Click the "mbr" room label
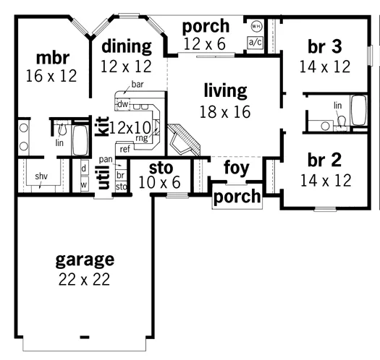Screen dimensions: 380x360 coord(53,58)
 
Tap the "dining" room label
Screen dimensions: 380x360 coord(127,46)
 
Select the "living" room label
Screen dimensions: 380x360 coord(225,91)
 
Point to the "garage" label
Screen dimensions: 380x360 coord(85,260)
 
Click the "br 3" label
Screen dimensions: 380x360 coord(325,46)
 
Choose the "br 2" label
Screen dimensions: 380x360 coord(324,160)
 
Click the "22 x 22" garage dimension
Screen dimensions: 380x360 coord(84,279)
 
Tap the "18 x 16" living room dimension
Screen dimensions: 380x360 coord(225,112)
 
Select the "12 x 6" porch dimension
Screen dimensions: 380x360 coord(205,44)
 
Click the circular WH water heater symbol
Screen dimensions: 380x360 coord(257,26)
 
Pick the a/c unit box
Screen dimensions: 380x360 coord(256,43)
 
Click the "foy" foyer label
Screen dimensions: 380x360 coord(236,168)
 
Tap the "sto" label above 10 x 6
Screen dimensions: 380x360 coord(161,168)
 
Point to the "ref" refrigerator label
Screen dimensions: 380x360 coord(124,149)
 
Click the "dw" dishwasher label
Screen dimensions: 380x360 coord(122,104)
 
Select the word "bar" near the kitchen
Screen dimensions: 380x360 coord(138,85)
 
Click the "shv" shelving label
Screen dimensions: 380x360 coord(41,176)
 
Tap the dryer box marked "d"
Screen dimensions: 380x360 coord(85,168)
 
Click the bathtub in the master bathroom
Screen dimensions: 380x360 coord(80,140)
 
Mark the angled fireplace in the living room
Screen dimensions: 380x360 coord(184,140)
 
